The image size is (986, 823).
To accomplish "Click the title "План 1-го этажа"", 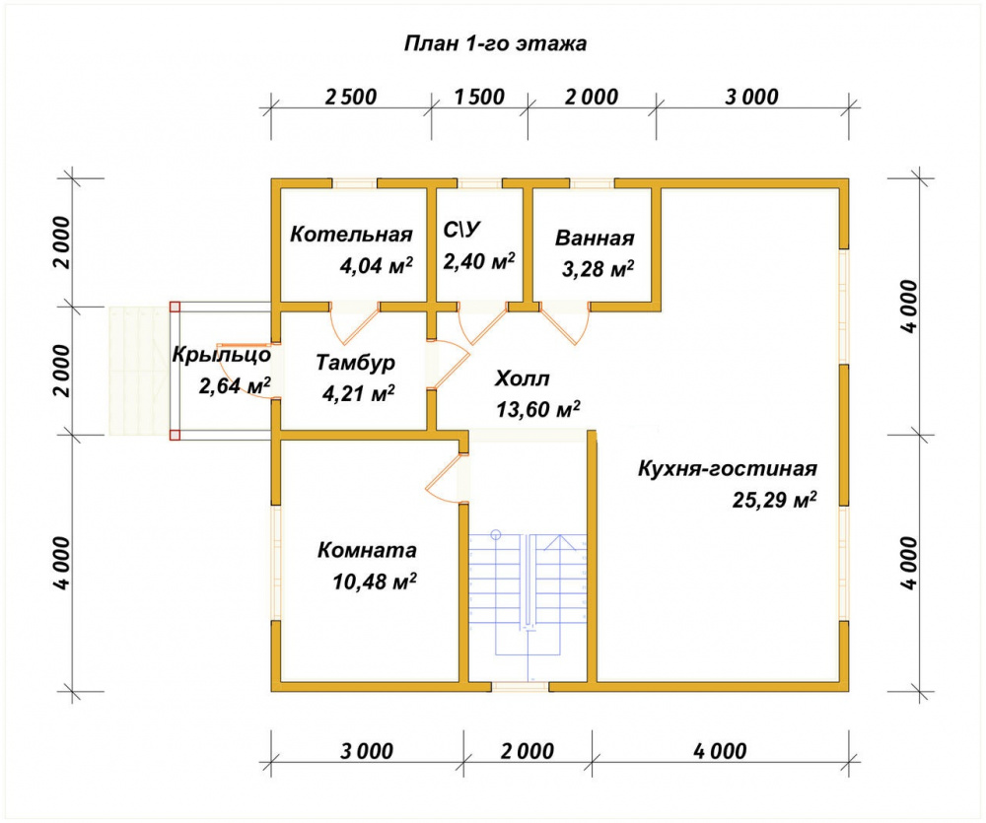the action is pyautogui.click(x=495, y=43).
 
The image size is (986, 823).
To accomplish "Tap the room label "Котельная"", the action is pyautogui.click(x=351, y=235).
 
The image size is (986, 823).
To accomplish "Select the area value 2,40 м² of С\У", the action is pyautogui.click(x=479, y=261).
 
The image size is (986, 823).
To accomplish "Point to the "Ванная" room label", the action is pyautogui.click(x=595, y=239).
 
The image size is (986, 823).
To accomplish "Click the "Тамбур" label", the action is pyautogui.click(x=355, y=363).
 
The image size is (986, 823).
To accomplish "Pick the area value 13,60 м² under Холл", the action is pyautogui.click(x=537, y=409).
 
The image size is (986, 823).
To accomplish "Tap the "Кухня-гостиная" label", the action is pyautogui.click(x=728, y=468).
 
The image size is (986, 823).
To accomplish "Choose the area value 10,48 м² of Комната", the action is pyautogui.click(x=374, y=581).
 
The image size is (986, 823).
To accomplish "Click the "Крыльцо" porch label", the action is pyautogui.click(x=221, y=355).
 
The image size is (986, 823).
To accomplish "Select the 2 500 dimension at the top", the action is pyautogui.click(x=351, y=97).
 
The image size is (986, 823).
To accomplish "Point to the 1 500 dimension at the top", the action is pyautogui.click(x=479, y=97).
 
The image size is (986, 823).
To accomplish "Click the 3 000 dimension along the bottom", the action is pyautogui.click(x=367, y=751).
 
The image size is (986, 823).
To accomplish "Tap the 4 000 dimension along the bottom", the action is pyautogui.click(x=720, y=751).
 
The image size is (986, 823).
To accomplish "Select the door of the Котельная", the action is pyautogui.click(x=354, y=325).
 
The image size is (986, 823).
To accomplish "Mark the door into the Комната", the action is pyautogui.click(x=447, y=478).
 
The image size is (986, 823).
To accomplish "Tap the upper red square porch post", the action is pyautogui.click(x=175, y=307).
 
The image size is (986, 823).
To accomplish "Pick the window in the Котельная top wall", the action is pyautogui.click(x=354, y=184).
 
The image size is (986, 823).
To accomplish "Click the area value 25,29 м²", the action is pyautogui.click(x=775, y=500).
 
